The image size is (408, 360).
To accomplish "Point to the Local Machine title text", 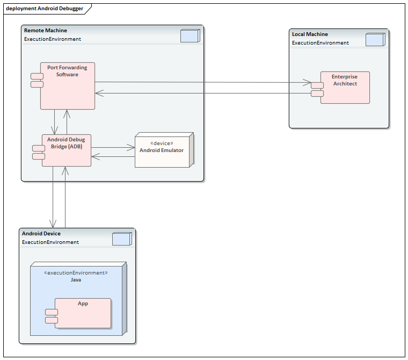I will pyautogui.click(x=310, y=34).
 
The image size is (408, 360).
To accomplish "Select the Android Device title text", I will pyautogui.click(x=41, y=234).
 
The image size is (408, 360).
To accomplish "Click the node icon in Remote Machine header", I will pyautogui.click(x=190, y=35).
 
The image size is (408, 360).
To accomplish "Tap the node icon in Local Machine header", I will pyautogui.click(x=374, y=40).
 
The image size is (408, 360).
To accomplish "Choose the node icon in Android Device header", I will pyautogui.click(x=121, y=239).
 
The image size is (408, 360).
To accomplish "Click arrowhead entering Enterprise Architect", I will pyautogui.click(x=307, y=83).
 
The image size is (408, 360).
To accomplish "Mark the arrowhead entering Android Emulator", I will pyautogui.click(x=130, y=147).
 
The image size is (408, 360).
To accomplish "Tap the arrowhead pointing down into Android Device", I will pyautogui.click(x=53, y=224).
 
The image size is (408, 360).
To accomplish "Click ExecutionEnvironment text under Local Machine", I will pyautogui.click(x=320, y=43).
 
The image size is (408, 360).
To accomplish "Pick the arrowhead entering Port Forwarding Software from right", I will pyautogui.click(x=99, y=93).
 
